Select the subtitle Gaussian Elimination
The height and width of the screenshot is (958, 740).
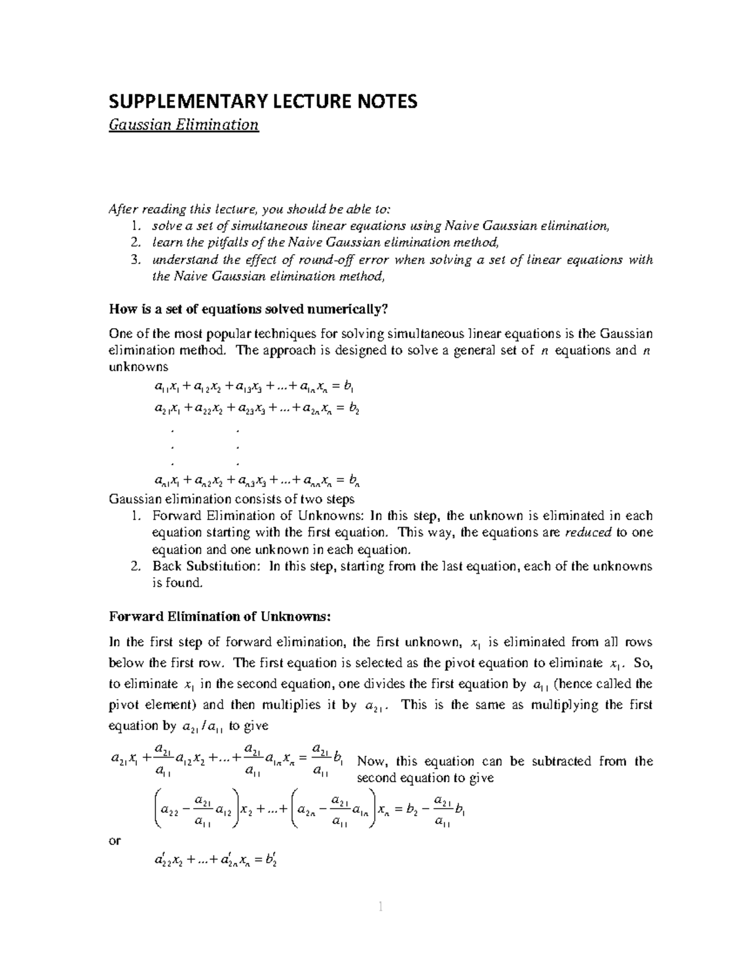[183, 125]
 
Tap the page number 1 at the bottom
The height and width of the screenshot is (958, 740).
[380, 906]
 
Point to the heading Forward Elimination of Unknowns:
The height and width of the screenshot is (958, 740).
[220, 616]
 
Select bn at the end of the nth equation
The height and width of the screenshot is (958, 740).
[354, 480]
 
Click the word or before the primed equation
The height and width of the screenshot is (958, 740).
[115, 840]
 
